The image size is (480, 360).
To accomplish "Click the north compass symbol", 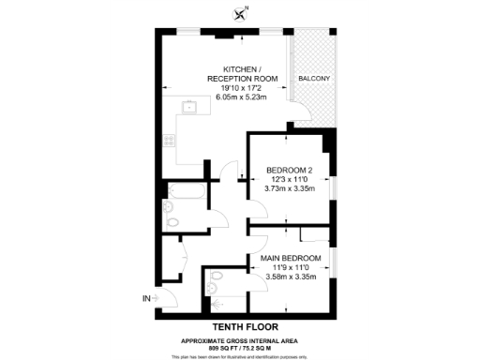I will click(x=242, y=12).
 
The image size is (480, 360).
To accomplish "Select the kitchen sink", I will click(x=188, y=107).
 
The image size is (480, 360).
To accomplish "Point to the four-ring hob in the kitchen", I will click(x=170, y=142).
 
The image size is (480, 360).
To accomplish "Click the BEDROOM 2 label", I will click(x=288, y=170).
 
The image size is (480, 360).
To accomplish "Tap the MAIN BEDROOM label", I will click(x=291, y=258).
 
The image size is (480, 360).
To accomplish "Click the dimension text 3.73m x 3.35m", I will click(x=289, y=188).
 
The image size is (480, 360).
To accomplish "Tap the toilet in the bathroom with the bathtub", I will click(x=172, y=223).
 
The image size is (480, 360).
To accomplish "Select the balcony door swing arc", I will click(x=296, y=116).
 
